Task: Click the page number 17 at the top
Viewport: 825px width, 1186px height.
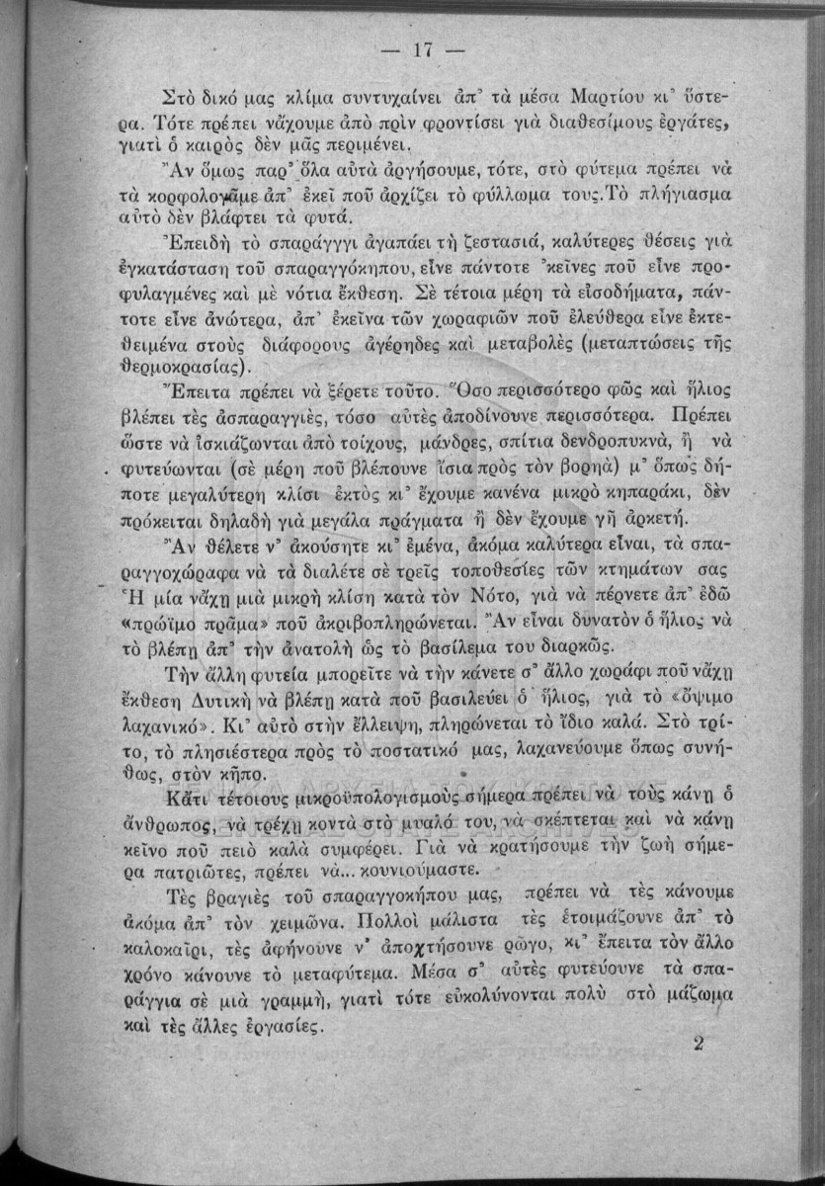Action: pyautogui.click(x=412, y=50)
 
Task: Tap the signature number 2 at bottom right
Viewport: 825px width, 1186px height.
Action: pyautogui.click(x=699, y=1043)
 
